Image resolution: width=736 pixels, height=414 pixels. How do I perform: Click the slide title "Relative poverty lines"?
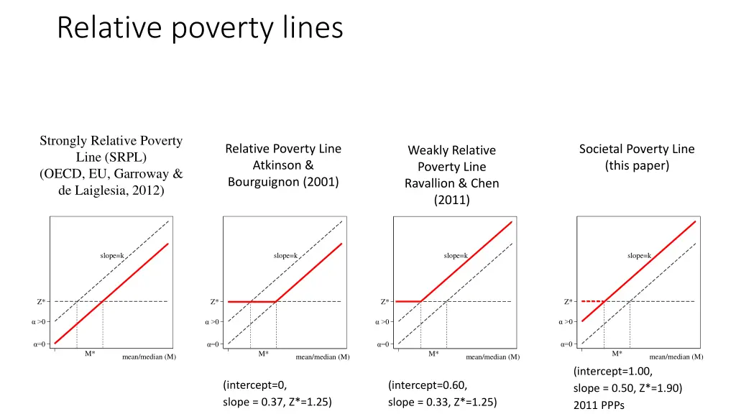[x=200, y=29]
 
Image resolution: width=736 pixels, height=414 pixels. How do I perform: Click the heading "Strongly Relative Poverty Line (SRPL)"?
[x=111, y=149]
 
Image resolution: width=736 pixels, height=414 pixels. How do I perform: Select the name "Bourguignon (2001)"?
[x=283, y=182]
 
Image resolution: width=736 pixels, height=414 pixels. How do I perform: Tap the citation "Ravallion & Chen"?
[x=451, y=183]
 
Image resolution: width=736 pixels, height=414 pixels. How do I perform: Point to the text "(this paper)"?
[x=637, y=166]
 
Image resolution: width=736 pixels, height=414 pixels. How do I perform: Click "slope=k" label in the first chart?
[x=111, y=255]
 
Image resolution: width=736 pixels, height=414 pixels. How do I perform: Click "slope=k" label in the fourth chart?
[x=640, y=255]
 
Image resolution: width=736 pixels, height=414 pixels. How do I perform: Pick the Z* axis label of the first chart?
[x=41, y=302]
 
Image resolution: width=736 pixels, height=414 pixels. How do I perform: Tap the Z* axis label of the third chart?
[x=385, y=302]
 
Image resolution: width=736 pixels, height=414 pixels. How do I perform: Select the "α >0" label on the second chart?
[x=211, y=322]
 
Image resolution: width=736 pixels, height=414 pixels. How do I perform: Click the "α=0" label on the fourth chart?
[x=567, y=344]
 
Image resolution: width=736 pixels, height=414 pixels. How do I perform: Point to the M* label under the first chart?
[x=90, y=354]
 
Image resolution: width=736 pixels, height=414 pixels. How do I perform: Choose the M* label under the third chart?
[x=433, y=354]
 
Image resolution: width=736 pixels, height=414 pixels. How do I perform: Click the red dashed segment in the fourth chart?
[x=592, y=301]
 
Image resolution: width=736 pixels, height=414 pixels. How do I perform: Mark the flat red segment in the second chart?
[x=252, y=302]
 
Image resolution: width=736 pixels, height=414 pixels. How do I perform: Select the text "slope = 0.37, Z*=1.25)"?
[x=277, y=402]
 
